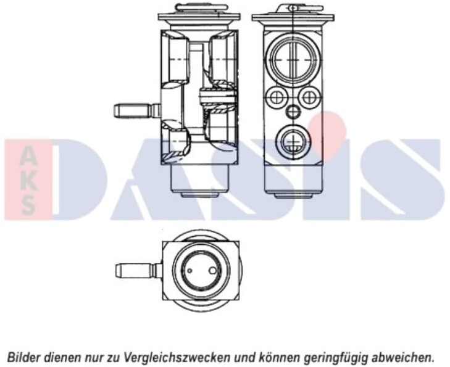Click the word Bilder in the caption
pyautogui.click(x=21, y=357)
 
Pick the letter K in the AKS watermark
pyautogui.click(x=28, y=181)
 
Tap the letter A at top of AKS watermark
pyautogui.click(x=28, y=157)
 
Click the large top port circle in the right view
pyautogui.click(x=293, y=59)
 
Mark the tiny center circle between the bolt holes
pyautogui.click(x=293, y=111)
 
